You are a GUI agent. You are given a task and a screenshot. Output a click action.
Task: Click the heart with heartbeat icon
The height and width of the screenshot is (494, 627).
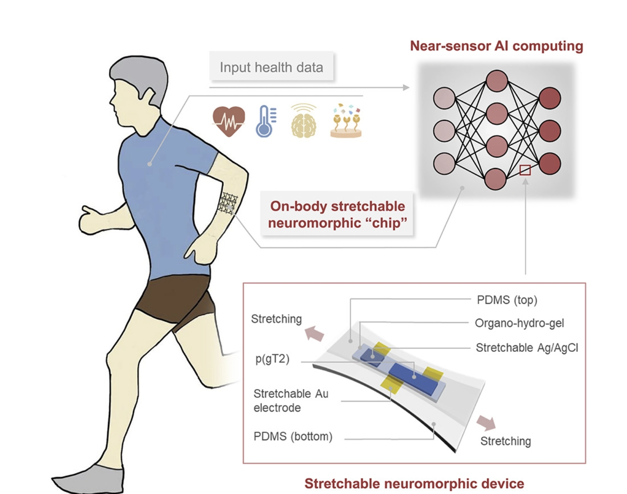pos(229,121)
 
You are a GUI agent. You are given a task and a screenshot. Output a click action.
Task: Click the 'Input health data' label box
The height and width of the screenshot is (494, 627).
pos(271,67)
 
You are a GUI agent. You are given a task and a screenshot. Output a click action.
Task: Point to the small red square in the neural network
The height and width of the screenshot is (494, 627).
pos(525,170)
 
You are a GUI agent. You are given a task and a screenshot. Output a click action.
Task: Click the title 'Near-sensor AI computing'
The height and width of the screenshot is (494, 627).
pos(496,46)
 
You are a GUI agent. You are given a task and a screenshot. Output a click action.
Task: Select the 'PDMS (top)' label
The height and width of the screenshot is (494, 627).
pos(507,300)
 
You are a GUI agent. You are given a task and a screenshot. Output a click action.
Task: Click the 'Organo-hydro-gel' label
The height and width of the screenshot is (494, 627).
pos(519,323)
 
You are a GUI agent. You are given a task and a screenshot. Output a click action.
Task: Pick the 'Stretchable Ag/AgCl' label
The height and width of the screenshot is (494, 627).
pos(527,347)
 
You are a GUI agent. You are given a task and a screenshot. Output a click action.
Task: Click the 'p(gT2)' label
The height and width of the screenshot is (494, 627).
pos(272,359)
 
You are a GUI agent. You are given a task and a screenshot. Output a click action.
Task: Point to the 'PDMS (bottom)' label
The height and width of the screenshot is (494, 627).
pos(293,436)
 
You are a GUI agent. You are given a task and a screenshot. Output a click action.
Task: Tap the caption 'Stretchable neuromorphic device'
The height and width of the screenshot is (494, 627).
pos(414,484)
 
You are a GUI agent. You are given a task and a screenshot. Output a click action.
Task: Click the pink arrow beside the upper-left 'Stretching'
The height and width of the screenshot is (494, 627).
pos(314,334)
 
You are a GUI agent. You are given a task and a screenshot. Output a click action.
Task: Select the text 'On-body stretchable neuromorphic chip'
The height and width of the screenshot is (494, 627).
pos(337,214)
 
